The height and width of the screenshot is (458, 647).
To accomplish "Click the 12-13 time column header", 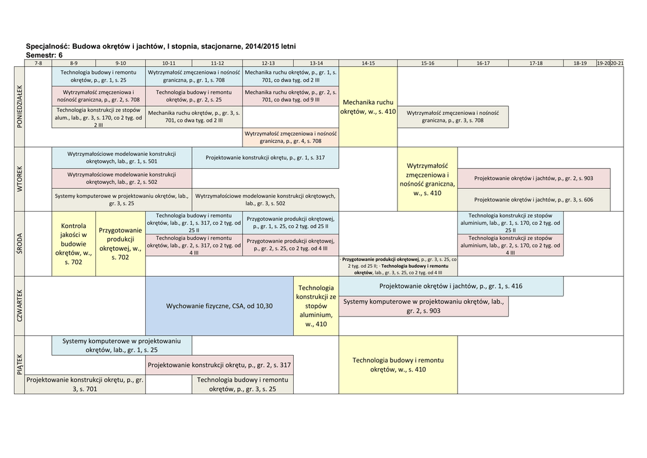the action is point(268,63).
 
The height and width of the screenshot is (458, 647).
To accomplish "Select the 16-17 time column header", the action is point(483,63).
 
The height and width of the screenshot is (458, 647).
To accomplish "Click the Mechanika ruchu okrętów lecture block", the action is point(368,106).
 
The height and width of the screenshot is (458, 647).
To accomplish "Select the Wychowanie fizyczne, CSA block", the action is point(219,306).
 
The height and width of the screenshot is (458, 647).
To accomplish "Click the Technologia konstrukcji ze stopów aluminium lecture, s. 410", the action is point(316,306).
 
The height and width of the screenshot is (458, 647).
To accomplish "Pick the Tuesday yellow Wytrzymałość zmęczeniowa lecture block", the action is point(427,179).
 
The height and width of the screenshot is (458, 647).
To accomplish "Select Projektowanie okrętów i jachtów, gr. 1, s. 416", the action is point(450,286).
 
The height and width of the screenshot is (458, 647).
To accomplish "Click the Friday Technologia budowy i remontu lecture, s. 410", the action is point(398,365).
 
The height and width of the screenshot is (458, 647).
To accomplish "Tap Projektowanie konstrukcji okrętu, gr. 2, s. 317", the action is point(219,365).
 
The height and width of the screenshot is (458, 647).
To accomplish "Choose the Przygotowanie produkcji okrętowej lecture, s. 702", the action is point(120,243).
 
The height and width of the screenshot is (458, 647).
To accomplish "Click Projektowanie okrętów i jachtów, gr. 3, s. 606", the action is point(533,200).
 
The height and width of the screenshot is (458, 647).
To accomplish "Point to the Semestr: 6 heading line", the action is point(44,55).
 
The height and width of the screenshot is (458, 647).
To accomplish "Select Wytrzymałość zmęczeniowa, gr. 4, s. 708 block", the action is point(291,137).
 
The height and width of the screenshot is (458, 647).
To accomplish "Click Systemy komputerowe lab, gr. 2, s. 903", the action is point(423,306).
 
